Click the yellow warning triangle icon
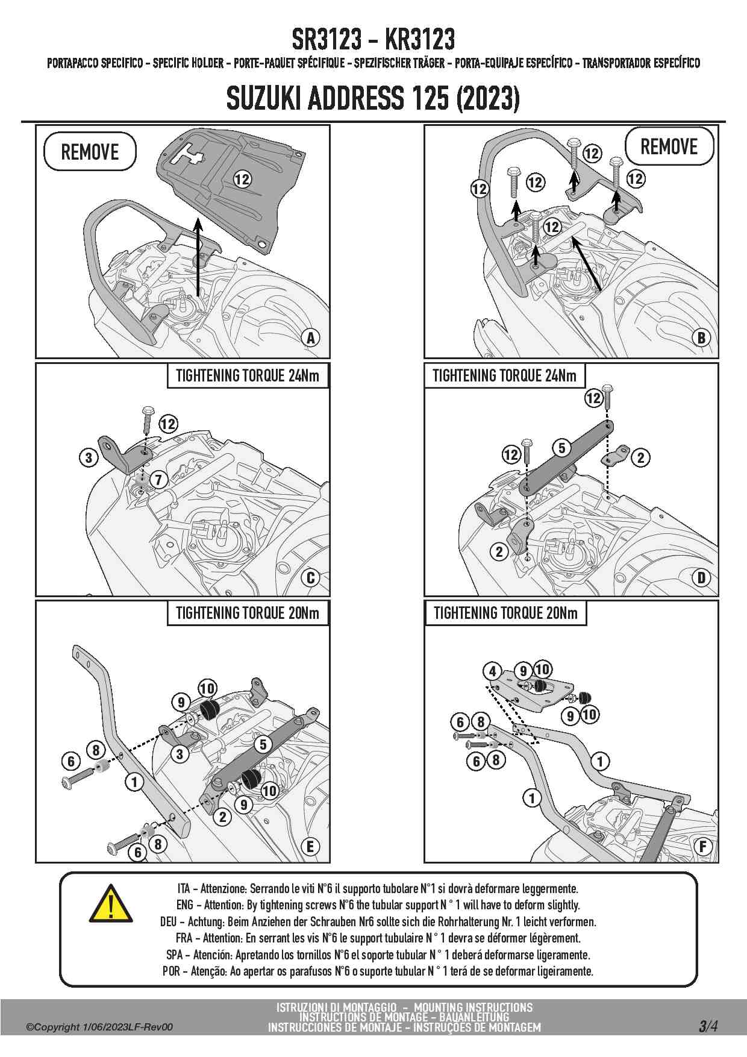click(111, 903)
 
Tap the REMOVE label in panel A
click(90, 152)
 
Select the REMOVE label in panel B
click(669, 146)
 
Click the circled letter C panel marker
click(311, 578)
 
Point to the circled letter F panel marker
click(702, 847)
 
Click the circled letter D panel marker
click(701, 578)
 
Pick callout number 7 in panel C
click(158, 480)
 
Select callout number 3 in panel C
click(89, 457)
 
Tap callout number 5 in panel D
click(562, 448)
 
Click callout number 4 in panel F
click(493, 671)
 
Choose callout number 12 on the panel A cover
click(242, 179)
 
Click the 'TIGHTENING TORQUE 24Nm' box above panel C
click(248, 376)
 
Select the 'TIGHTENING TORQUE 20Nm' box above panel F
click(505, 613)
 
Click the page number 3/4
click(708, 1026)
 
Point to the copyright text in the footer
click(99, 1027)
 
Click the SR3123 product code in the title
click(327, 40)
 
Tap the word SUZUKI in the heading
click(263, 98)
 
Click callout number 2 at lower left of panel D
click(499, 551)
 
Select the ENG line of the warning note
click(378, 905)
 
